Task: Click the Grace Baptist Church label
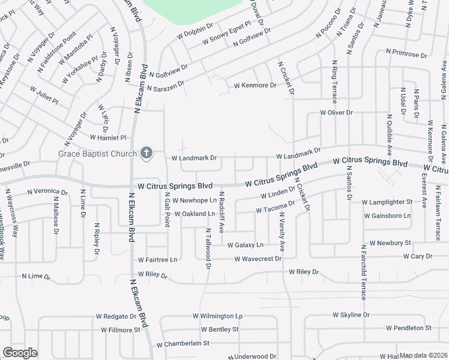coord(98,154)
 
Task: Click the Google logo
coord(20,353)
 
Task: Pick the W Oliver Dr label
coord(336,112)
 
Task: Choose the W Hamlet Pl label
coord(108,137)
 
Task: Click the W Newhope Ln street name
coord(194,200)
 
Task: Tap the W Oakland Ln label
coord(194,214)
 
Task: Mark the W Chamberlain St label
coord(182,344)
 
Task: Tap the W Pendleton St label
coord(409,328)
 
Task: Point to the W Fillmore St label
coord(120,330)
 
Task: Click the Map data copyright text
coord(424,355)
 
